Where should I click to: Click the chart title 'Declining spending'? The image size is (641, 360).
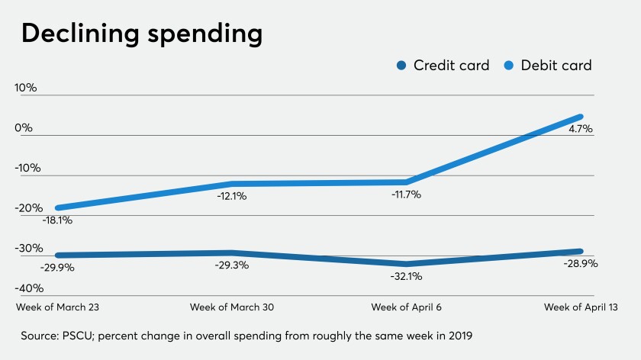point(142,34)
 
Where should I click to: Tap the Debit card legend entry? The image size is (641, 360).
point(548,66)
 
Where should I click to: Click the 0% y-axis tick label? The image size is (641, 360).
point(24,128)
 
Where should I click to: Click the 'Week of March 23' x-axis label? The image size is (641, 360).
point(56,307)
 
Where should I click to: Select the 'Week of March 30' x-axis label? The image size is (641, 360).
point(232,307)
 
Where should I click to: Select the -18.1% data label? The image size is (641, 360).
point(57,221)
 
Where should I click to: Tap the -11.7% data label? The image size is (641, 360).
point(404,194)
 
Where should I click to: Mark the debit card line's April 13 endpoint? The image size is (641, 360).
point(581,117)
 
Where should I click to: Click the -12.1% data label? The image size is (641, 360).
point(231,196)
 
